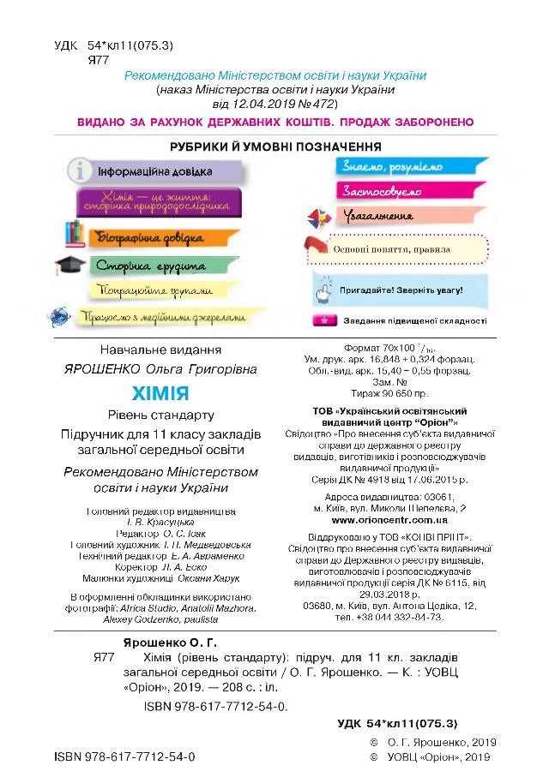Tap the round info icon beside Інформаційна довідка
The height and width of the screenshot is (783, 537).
[x=80, y=170]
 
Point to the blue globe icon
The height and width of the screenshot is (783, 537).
[x=61, y=317]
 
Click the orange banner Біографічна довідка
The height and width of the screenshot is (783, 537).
[x=153, y=236]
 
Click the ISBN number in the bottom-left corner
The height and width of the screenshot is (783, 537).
[x=124, y=758]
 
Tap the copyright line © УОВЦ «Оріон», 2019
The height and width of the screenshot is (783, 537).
[x=431, y=758]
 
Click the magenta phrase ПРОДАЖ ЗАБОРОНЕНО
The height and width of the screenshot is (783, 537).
[x=405, y=123]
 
